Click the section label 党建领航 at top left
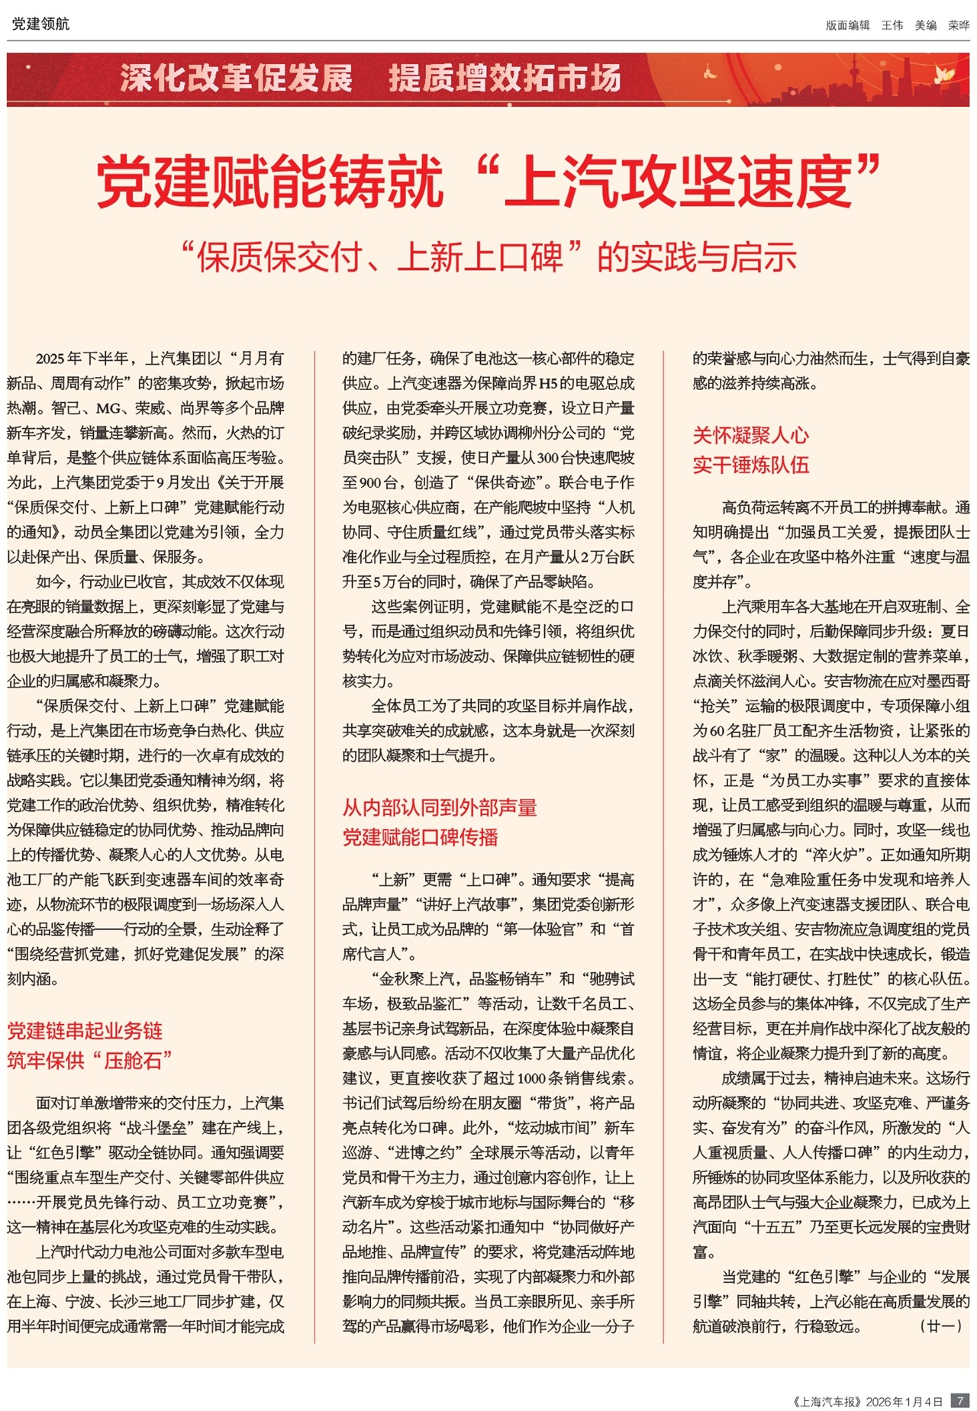(x=40, y=24)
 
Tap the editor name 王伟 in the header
(x=892, y=25)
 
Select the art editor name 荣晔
(x=958, y=25)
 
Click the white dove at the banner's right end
(x=946, y=73)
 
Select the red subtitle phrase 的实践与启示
(x=697, y=257)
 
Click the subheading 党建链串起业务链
(x=85, y=1031)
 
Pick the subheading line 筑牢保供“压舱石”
(x=89, y=1060)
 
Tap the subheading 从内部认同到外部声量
(x=440, y=807)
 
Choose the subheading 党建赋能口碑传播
(x=420, y=837)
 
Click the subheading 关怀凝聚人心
(x=750, y=436)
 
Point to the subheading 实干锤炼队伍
(x=750, y=465)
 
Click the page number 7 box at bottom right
(x=960, y=1401)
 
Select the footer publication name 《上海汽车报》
(x=827, y=1402)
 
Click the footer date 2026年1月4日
(x=904, y=1402)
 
